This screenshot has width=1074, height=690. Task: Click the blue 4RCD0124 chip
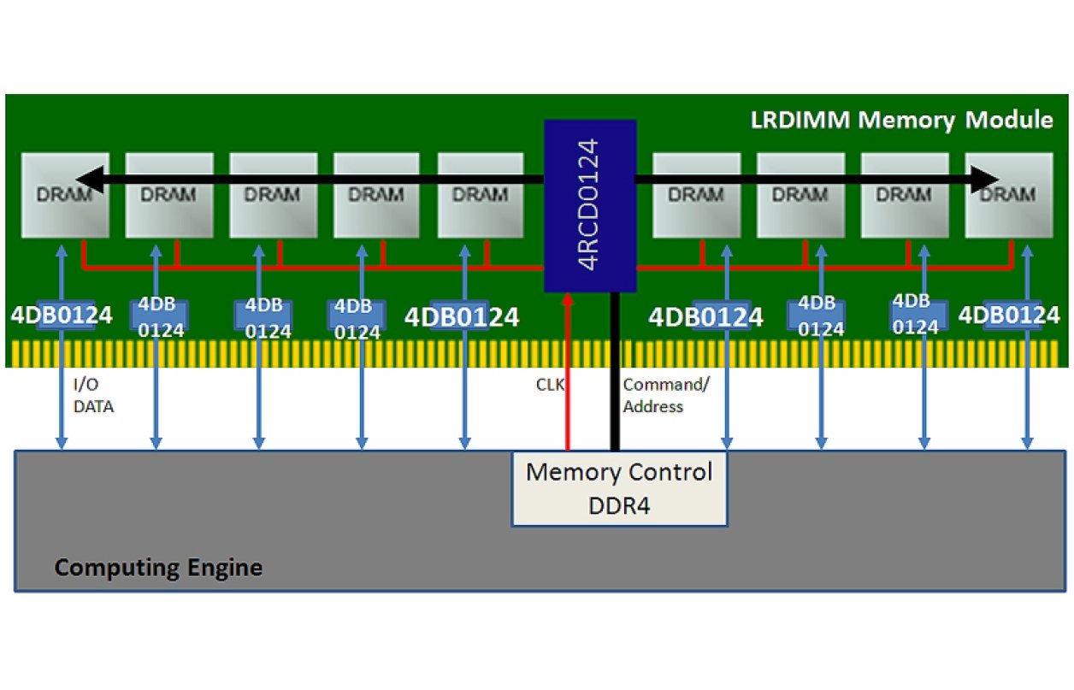tap(590, 205)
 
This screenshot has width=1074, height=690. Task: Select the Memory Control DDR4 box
tap(619, 488)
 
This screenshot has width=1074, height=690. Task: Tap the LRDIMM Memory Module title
tap(901, 120)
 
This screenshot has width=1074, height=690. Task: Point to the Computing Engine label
tap(158, 568)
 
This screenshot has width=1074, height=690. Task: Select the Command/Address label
tap(665, 395)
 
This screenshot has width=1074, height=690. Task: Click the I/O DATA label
tap(92, 397)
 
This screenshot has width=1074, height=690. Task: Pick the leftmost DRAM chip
tap(65, 195)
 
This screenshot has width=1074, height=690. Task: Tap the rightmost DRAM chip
tap(1009, 195)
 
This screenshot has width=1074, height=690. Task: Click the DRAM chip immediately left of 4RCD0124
tap(481, 195)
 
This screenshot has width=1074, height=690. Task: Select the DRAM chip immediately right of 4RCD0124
tap(696, 195)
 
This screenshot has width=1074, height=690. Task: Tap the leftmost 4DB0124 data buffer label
tap(62, 316)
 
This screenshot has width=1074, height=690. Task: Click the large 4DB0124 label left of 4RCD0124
tap(462, 317)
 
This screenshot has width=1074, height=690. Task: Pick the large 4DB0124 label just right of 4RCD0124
tap(705, 317)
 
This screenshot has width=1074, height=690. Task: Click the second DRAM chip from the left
tap(169, 195)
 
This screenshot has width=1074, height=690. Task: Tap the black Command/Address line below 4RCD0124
tap(614, 376)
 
